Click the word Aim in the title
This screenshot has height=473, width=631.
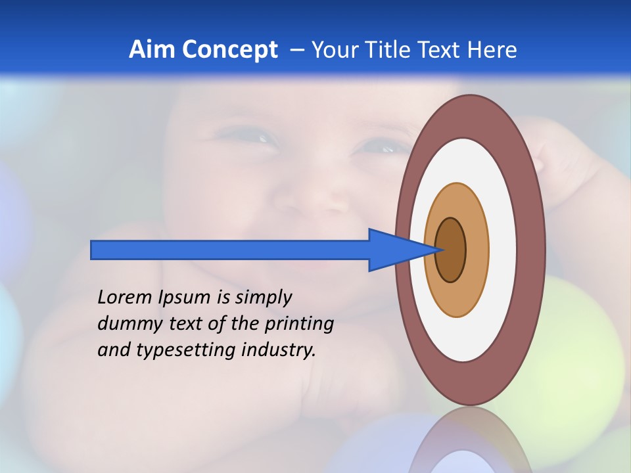tap(152, 50)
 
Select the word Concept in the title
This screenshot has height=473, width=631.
tap(229, 50)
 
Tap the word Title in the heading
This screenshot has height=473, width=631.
tap(385, 50)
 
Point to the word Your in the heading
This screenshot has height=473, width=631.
tap(335, 50)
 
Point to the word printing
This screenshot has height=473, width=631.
tap(299, 325)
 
